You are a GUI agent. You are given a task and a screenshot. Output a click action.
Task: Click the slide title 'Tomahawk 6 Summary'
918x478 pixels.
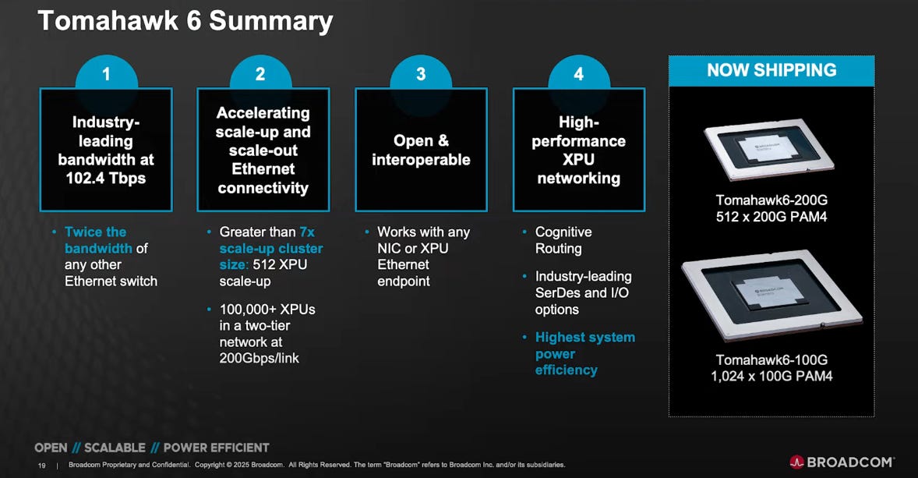point(185,21)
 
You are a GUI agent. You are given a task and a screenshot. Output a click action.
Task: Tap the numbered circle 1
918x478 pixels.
point(106,74)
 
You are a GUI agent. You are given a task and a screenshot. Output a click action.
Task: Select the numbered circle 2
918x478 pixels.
point(260,74)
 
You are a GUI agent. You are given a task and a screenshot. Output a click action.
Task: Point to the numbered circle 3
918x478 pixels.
point(421,74)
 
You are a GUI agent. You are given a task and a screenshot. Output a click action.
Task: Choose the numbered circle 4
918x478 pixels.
point(578,74)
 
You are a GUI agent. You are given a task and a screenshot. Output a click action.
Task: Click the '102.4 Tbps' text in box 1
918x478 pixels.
point(106,179)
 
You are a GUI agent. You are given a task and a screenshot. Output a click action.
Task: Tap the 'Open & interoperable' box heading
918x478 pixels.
point(421,150)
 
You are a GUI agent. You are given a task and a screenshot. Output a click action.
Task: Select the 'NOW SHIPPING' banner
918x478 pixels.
point(771,70)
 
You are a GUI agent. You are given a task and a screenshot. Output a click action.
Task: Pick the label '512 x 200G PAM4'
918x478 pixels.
point(771,218)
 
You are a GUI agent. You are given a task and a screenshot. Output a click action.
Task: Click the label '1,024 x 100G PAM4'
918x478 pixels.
point(771,377)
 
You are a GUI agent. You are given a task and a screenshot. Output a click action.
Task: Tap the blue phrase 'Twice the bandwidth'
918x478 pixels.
point(95,240)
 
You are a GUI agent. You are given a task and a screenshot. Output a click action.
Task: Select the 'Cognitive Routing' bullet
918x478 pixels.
point(563,240)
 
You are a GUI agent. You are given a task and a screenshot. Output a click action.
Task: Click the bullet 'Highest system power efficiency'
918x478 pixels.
point(584,353)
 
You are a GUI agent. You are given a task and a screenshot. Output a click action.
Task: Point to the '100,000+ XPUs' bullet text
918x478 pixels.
point(267,310)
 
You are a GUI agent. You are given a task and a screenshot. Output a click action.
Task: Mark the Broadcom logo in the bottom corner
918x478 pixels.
point(842,462)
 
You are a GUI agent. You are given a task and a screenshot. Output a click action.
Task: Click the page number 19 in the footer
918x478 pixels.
point(41,466)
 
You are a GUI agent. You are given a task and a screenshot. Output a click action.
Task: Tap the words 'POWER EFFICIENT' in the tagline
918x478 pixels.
point(216,448)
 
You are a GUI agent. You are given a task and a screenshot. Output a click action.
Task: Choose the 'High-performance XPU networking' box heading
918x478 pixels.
point(578,150)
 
